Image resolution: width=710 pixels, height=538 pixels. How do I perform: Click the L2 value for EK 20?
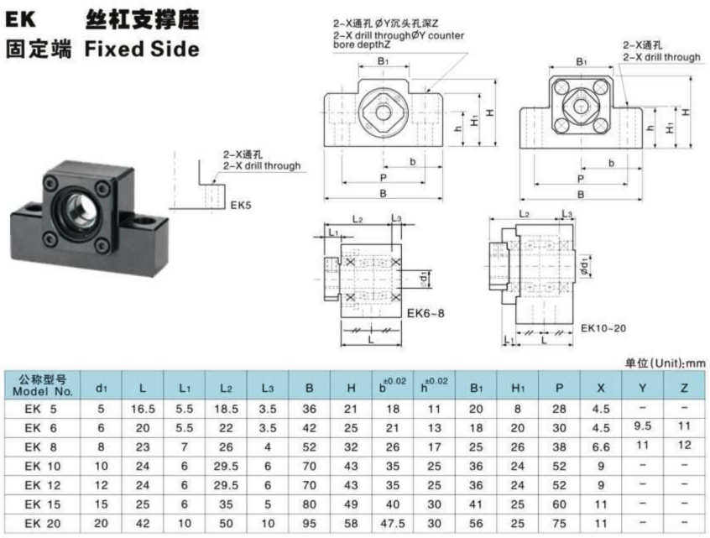click(226, 524)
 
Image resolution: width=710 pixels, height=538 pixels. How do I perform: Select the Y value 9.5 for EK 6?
click(643, 426)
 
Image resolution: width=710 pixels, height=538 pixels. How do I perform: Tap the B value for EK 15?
click(310, 504)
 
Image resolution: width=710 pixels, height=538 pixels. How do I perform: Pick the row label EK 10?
click(43, 467)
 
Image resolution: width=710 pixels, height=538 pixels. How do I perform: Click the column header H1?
click(518, 388)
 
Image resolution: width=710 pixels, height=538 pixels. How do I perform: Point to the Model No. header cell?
click(43, 385)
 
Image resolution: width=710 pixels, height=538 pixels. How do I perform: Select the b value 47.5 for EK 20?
click(393, 524)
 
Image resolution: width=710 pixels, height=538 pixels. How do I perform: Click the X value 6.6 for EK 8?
click(601, 447)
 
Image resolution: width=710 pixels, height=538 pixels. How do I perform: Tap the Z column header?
click(684, 388)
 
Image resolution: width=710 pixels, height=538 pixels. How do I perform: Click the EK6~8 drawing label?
click(425, 313)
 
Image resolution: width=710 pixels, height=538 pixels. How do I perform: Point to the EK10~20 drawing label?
click(603, 328)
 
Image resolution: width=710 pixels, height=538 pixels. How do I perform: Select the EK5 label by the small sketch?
click(240, 205)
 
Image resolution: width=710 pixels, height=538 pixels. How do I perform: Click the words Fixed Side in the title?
click(142, 49)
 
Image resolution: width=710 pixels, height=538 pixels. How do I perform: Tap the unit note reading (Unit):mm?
click(677, 363)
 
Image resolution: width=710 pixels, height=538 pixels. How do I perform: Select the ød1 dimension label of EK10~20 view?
click(585, 266)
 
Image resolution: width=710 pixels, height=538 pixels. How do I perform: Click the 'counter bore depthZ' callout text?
click(399, 39)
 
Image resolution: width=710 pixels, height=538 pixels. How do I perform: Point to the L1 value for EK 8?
click(185, 447)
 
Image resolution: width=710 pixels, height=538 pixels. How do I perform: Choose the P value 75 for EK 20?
click(559, 524)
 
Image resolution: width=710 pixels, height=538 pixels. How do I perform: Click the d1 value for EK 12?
click(101, 485)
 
